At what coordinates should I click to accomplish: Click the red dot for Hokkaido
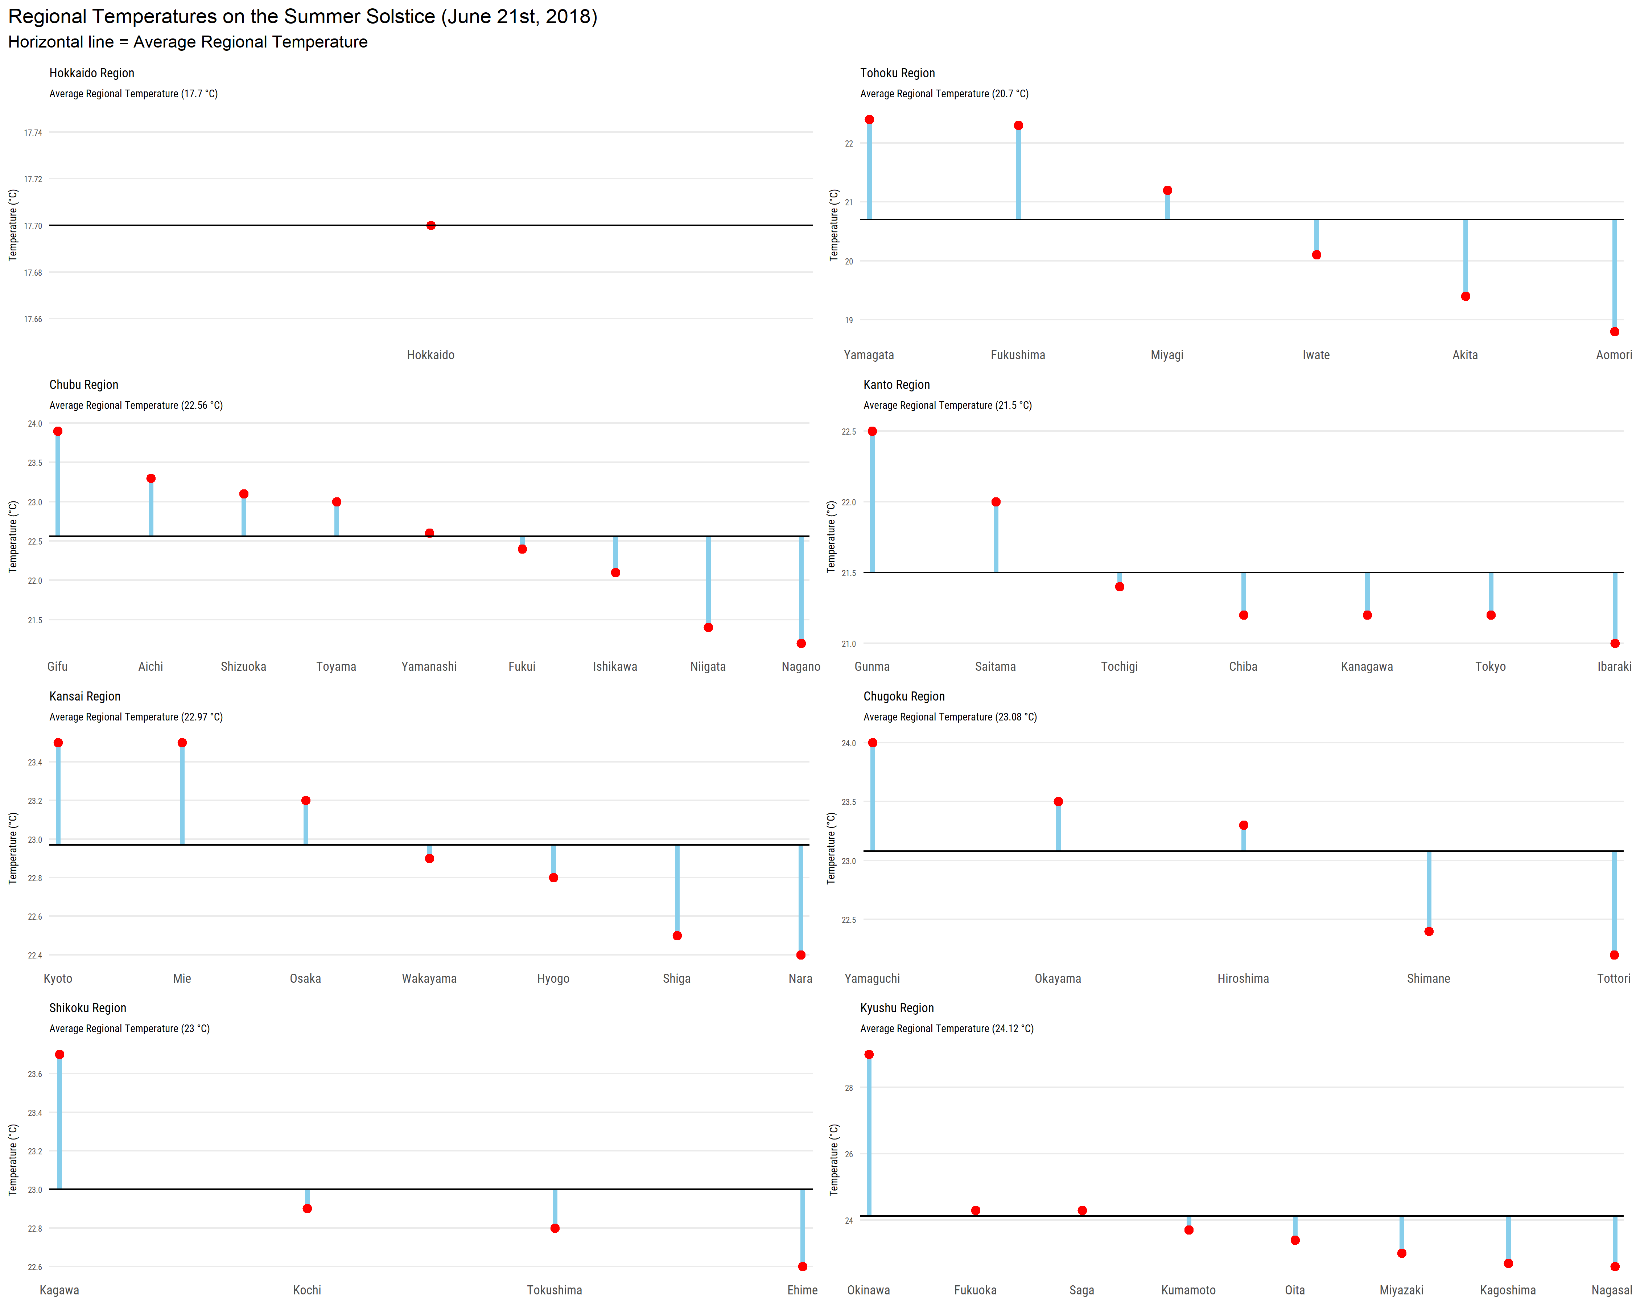tap(431, 226)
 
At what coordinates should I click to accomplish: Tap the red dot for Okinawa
tap(869, 1055)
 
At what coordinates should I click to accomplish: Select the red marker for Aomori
tap(1615, 332)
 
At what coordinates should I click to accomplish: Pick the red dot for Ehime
tap(802, 1266)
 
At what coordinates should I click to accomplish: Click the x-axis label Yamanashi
tap(429, 666)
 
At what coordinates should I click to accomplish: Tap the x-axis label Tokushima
tap(555, 1290)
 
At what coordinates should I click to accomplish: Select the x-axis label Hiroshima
tap(1243, 978)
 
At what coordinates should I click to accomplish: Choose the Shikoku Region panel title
tap(88, 1008)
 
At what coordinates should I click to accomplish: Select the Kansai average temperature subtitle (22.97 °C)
tap(136, 717)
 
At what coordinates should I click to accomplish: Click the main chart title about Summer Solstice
tap(303, 17)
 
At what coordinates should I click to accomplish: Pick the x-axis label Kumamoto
tap(1188, 1290)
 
